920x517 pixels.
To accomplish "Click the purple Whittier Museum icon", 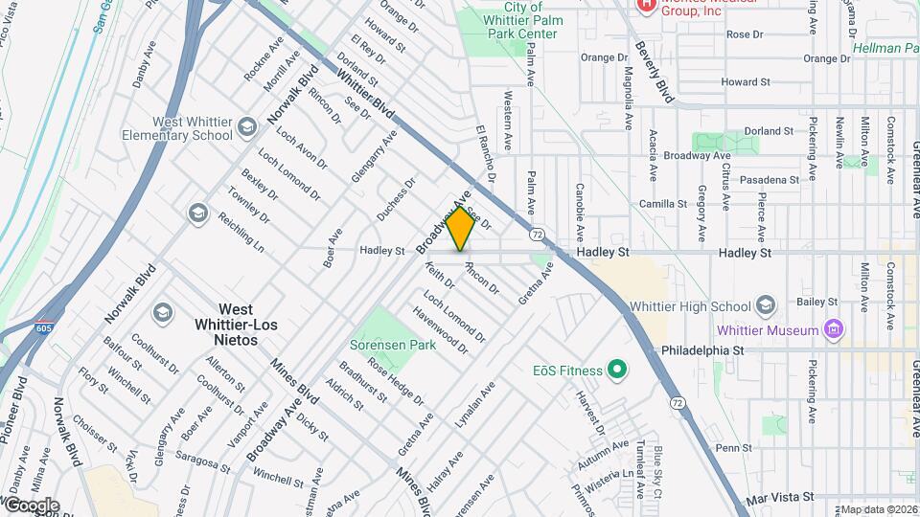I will point(833,330).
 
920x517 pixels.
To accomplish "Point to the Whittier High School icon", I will point(765,306).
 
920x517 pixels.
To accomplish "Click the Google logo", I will point(31,506).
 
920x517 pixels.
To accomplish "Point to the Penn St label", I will point(733,447).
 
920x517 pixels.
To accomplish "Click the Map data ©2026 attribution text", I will point(878,509).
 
